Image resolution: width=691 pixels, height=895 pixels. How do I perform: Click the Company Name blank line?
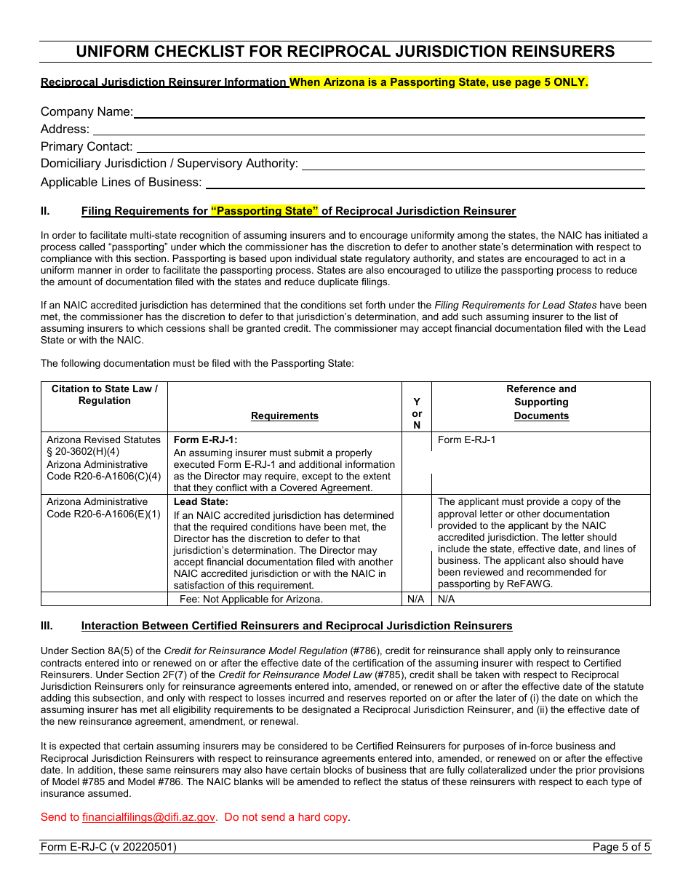coord(389,112)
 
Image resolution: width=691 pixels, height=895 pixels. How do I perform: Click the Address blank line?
coord(367,130)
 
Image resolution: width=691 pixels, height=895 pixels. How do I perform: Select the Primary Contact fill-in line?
coord(389,147)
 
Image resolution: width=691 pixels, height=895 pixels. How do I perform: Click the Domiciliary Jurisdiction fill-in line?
coord(473,164)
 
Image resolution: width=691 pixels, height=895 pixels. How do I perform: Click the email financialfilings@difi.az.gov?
coord(149,817)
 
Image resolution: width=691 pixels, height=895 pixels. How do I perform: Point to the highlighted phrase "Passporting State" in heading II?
coord(265,211)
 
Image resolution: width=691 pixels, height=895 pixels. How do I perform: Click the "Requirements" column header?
coord(284,415)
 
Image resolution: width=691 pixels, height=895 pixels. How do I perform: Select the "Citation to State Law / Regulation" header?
coord(105,394)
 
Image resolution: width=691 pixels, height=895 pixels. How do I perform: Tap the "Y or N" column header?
coord(417,413)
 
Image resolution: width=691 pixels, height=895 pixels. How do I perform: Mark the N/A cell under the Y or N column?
coord(417,599)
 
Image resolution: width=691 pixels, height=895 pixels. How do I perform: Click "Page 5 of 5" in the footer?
coord(621,847)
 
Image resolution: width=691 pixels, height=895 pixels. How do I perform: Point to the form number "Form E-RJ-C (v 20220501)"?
coord(108,847)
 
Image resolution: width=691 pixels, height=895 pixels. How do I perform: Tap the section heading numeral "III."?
coord(47,626)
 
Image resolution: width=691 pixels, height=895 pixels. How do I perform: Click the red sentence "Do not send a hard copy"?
coord(286,817)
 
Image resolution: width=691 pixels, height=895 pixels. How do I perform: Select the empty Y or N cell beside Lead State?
coord(417,544)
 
